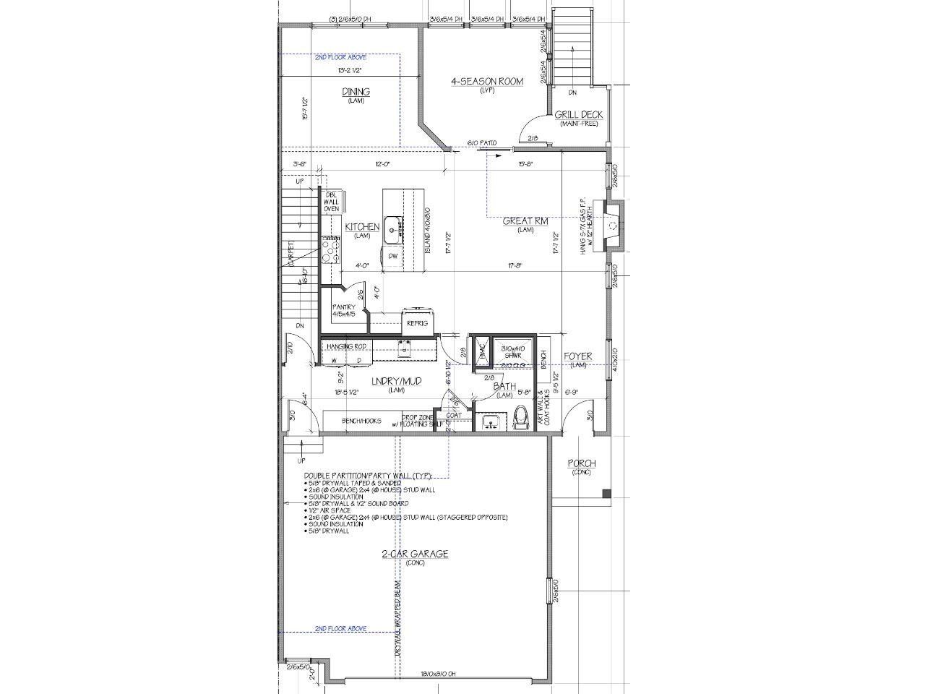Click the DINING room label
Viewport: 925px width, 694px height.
(x=356, y=92)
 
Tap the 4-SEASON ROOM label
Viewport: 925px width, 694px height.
(x=486, y=82)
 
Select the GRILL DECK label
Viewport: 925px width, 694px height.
(x=578, y=115)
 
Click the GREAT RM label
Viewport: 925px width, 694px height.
(x=525, y=221)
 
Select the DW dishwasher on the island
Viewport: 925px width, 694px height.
(x=393, y=256)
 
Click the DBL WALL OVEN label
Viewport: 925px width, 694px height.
(x=331, y=202)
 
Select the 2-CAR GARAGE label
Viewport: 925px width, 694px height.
(x=415, y=554)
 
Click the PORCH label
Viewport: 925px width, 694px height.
(x=581, y=463)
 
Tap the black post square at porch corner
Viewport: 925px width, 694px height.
(x=607, y=494)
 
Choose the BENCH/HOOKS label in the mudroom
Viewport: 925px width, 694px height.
(x=361, y=421)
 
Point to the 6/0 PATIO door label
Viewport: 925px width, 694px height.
(x=482, y=143)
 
